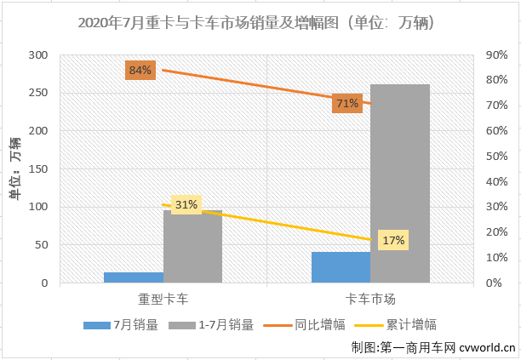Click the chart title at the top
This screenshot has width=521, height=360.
pyautogui.click(x=256, y=23)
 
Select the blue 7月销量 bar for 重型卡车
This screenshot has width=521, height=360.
pyautogui.click(x=134, y=277)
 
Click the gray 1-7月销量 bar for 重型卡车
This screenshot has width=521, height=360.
pyautogui.click(x=192, y=247)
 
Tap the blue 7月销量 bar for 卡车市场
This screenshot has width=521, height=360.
pyautogui.click(x=341, y=267)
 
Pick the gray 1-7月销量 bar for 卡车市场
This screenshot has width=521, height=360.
pyautogui.click(x=400, y=184)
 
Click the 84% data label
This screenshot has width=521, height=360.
pyautogui.click(x=140, y=70)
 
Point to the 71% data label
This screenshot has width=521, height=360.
pyautogui.click(x=347, y=103)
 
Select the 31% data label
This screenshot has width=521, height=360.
pyautogui.click(x=186, y=204)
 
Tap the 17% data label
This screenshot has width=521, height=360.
pyautogui.click(x=393, y=240)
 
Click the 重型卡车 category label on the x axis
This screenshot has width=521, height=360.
pyautogui.click(x=163, y=299)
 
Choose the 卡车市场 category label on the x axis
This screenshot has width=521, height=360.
pyautogui.click(x=370, y=299)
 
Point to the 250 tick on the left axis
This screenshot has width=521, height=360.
pyautogui.click(x=37, y=93)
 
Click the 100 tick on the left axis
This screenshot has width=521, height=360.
pyautogui.click(x=37, y=207)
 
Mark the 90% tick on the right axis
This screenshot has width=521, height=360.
pyautogui.click(x=497, y=54)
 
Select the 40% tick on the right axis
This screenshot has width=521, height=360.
pyautogui.click(x=497, y=181)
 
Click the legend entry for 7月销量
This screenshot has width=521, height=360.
pyautogui.click(x=121, y=325)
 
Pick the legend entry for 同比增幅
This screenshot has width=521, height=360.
pyautogui.click(x=305, y=325)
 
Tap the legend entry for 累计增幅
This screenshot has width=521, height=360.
pyautogui.click(x=395, y=325)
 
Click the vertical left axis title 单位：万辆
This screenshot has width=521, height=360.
pyautogui.click(x=15, y=169)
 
